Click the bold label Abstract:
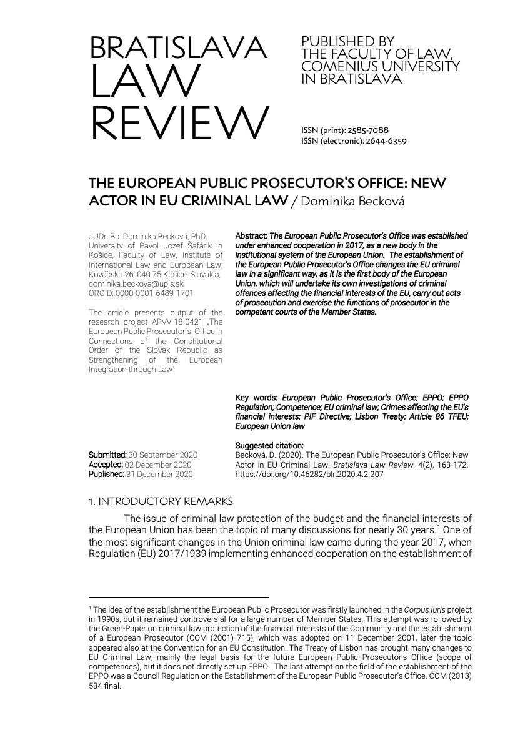[x=251, y=237]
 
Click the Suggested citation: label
[x=269, y=446]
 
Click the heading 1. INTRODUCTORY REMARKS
[x=161, y=501]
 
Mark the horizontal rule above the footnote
[x=179, y=598]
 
